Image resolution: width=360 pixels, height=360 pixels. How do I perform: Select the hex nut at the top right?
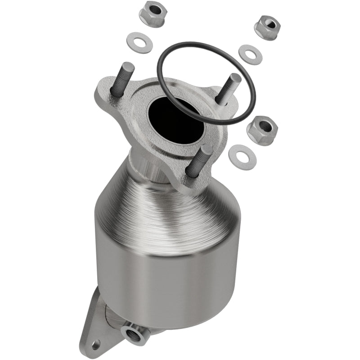[267, 27]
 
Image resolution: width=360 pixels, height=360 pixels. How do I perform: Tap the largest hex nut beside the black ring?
[262, 130]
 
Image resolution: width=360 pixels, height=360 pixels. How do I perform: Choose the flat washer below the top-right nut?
[250, 54]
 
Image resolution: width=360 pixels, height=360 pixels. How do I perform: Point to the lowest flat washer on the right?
[242, 157]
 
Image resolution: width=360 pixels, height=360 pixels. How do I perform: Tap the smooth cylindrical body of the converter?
[166, 279]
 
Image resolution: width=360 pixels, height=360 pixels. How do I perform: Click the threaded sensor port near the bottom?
[135, 333]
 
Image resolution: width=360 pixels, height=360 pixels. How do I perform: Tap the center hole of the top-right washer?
[250, 54]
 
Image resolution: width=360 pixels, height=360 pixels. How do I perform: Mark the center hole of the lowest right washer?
[242, 157]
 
